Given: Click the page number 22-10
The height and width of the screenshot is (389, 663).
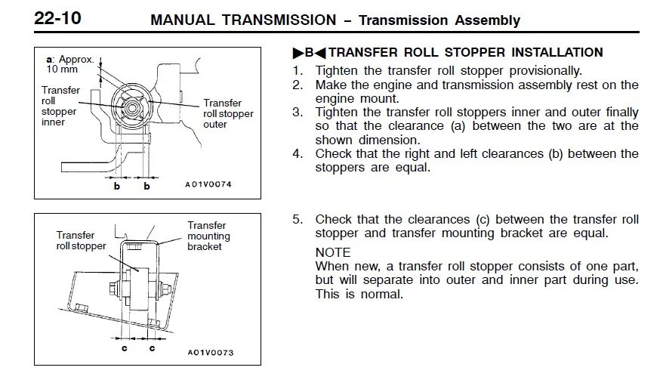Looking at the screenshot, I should [58, 20].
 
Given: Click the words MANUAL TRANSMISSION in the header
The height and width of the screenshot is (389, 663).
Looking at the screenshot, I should [243, 20].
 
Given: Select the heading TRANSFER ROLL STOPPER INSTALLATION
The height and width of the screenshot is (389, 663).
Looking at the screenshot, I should [466, 53].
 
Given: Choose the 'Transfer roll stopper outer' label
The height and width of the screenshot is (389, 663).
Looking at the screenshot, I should [227, 113].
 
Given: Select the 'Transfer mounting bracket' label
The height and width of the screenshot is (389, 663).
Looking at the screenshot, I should [208, 236].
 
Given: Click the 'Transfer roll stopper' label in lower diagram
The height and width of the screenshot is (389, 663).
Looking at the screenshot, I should [81, 241].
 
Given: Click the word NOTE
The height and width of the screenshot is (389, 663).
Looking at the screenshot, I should [333, 253].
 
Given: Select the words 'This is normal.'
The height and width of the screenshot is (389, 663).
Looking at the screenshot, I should [359, 295].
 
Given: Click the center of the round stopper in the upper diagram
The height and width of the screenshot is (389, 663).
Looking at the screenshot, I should [133, 107].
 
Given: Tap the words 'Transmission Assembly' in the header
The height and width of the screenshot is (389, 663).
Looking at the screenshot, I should [439, 20].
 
